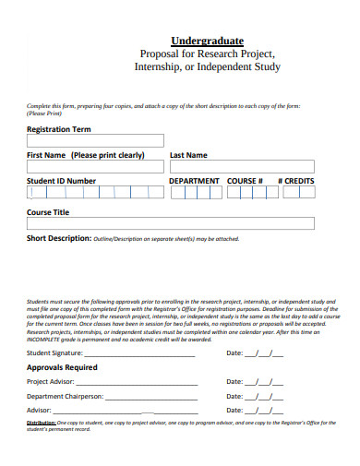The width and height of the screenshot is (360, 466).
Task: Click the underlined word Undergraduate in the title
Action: (x=207, y=41)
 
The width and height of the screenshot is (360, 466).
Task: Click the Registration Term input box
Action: (x=95, y=141)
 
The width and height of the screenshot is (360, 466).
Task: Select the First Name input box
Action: (x=95, y=167)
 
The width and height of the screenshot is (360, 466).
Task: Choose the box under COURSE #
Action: (x=246, y=193)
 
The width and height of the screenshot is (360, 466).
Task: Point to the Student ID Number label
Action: (x=62, y=181)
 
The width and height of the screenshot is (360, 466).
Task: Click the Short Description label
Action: (x=58, y=238)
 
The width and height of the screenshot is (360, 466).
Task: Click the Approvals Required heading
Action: (x=62, y=367)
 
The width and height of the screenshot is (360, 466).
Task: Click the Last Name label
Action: (x=188, y=155)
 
